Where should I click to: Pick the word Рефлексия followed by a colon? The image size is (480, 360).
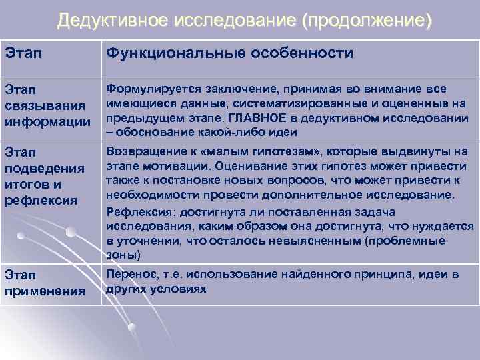coord(137,211)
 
